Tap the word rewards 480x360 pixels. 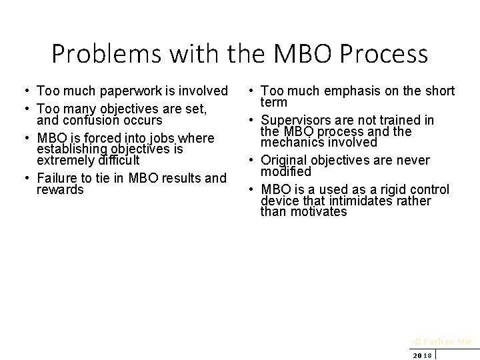[60, 190]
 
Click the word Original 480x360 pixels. [284, 160]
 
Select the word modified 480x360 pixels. [286, 172]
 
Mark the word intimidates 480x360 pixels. [359, 201]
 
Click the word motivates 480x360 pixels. [317, 212]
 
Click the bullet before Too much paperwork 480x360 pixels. [23, 91]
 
